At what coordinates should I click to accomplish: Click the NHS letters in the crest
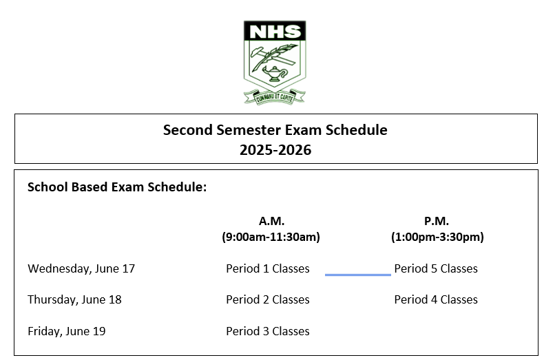275,32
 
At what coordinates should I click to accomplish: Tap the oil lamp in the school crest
275,74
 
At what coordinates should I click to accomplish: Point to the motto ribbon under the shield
275,97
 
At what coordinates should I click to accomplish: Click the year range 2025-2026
275,150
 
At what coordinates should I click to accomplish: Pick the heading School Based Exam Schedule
117,187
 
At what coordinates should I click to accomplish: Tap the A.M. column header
271,220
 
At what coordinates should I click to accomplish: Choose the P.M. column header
437,220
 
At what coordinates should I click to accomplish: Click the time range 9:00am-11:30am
271,237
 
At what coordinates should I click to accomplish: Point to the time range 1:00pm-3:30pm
437,237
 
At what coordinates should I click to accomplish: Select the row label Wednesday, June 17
81,268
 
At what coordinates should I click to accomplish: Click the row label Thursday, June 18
74,299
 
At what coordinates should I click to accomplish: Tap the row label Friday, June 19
67,331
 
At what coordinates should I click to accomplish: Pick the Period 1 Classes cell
267,268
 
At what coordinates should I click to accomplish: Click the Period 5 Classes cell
436,268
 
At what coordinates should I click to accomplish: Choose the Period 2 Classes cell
267,299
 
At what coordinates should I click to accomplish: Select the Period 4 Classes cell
436,299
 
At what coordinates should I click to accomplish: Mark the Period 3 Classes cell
267,331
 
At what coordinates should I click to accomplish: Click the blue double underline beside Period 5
358,275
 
